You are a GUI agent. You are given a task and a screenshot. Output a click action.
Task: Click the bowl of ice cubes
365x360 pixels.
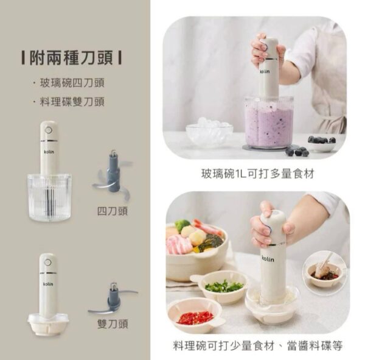click(209, 132)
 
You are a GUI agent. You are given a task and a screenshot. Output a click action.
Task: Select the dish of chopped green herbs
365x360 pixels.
click(223, 285)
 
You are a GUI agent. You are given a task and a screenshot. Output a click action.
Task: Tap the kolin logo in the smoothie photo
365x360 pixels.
click(265, 71)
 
